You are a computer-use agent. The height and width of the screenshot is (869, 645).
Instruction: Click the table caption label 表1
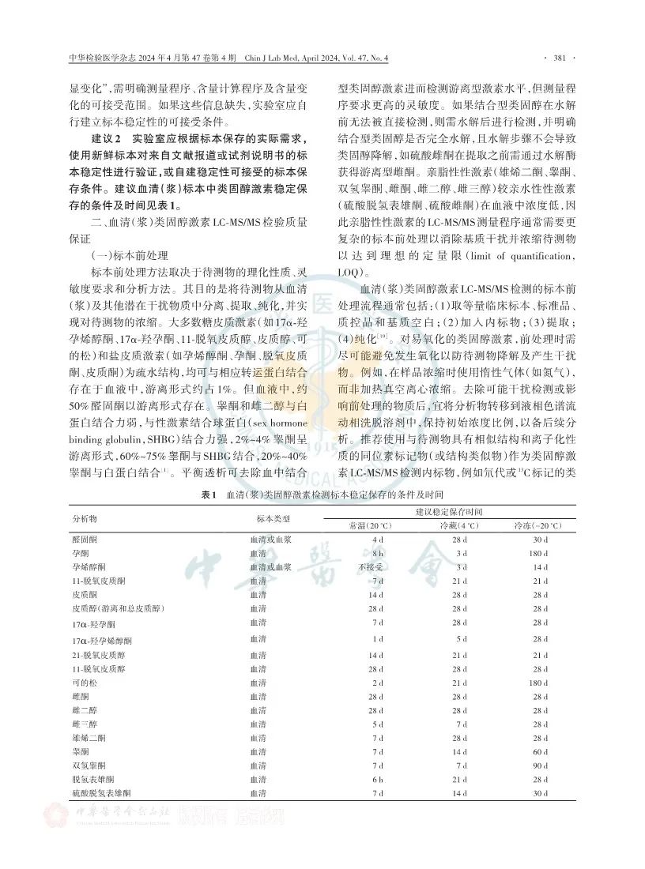tap(209, 495)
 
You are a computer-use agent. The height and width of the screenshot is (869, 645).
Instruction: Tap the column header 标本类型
tap(274, 518)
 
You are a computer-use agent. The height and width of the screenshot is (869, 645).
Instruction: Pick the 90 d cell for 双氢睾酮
tap(541, 765)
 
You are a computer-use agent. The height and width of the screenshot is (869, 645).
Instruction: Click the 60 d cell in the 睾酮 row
tap(541, 751)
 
